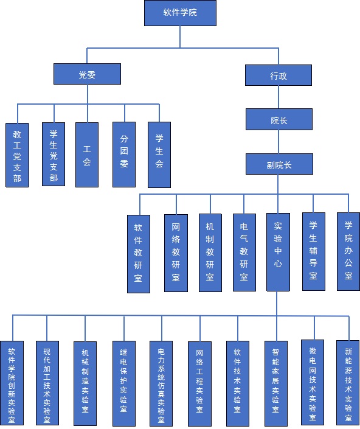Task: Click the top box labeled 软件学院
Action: [x=180, y=13]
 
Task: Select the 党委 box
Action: [x=87, y=74]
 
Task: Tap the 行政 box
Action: [x=279, y=75]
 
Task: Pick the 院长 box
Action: [x=279, y=119]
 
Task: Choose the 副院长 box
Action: [x=279, y=164]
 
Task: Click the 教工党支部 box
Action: [x=17, y=155]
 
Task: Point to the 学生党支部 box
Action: [x=54, y=155]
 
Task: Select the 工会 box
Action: [x=87, y=155]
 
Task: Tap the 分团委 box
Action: [x=124, y=155]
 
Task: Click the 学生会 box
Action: [x=159, y=155]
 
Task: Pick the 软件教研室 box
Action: [x=139, y=254]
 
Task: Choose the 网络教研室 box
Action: [x=176, y=253]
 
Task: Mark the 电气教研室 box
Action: [x=244, y=253]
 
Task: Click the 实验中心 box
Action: [x=278, y=252]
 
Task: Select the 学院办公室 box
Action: [x=348, y=251]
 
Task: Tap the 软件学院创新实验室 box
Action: [x=12, y=383]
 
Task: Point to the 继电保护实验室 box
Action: [x=124, y=383]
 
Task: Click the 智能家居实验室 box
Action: [x=276, y=383]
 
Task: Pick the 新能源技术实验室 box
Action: [x=348, y=383]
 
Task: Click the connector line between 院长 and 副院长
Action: [x=279, y=142]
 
